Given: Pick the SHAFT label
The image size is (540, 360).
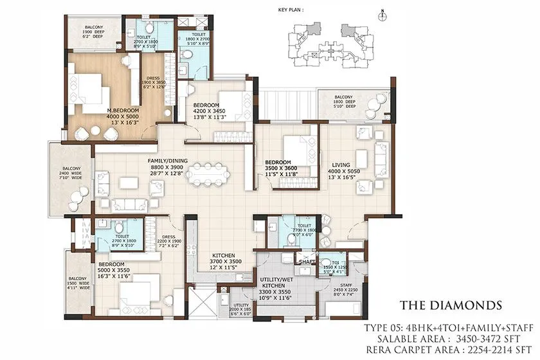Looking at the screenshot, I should click(x=305, y=261).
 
